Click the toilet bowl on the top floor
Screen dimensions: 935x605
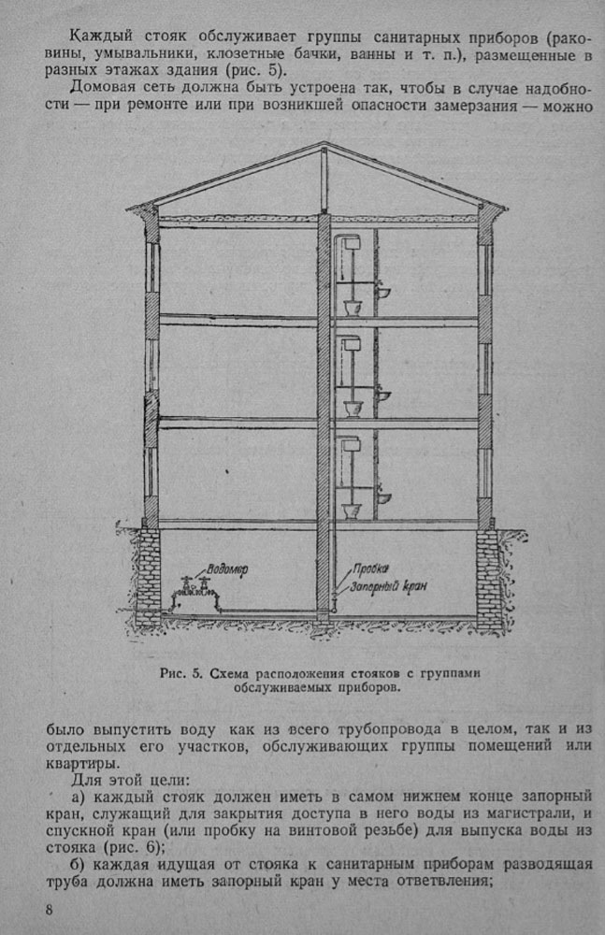click(353, 308)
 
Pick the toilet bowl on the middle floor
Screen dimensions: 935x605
click(353, 409)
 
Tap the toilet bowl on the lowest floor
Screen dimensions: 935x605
click(353, 510)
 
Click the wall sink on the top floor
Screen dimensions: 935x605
click(383, 294)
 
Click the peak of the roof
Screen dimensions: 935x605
click(324, 145)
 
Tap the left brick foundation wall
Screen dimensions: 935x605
click(148, 580)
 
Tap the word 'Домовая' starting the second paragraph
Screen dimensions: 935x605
click(102, 90)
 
